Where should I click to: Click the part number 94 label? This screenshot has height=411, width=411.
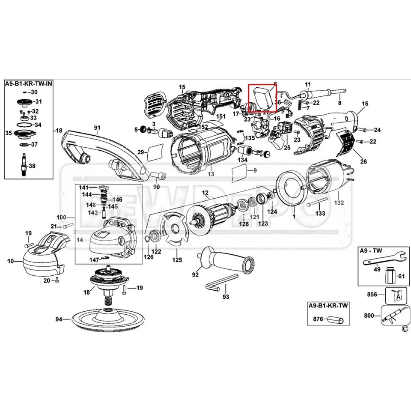point(59,319)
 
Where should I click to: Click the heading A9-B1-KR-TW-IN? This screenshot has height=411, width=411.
point(29,83)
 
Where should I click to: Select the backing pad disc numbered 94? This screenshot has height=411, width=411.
point(107,318)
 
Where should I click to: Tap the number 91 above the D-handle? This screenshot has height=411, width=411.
point(97,128)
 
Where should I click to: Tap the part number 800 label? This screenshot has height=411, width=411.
point(369,316)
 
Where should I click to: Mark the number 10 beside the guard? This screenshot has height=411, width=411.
point(11,261)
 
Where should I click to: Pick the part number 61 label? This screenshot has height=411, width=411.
point(401,276)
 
